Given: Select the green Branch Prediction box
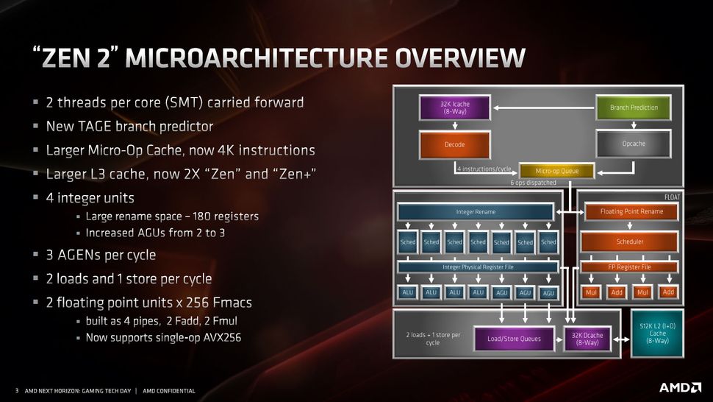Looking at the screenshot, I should (634, 107).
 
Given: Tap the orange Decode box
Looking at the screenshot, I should (454, 144).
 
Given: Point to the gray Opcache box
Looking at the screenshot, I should (633, 144).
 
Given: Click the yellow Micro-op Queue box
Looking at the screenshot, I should (556, 171).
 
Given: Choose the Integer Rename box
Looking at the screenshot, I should (475, 212).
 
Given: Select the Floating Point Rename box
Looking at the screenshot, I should (631, 212).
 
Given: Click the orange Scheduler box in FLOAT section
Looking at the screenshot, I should (630, 241).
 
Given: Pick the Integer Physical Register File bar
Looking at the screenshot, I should (478, 267).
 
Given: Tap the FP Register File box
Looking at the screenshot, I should (630, 267).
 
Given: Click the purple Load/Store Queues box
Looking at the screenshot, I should (514, 339).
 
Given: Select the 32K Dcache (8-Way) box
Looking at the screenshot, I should (587, 339).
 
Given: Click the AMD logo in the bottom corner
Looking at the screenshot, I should (678, 387).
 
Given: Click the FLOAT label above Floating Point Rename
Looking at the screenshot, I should (672, 197).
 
